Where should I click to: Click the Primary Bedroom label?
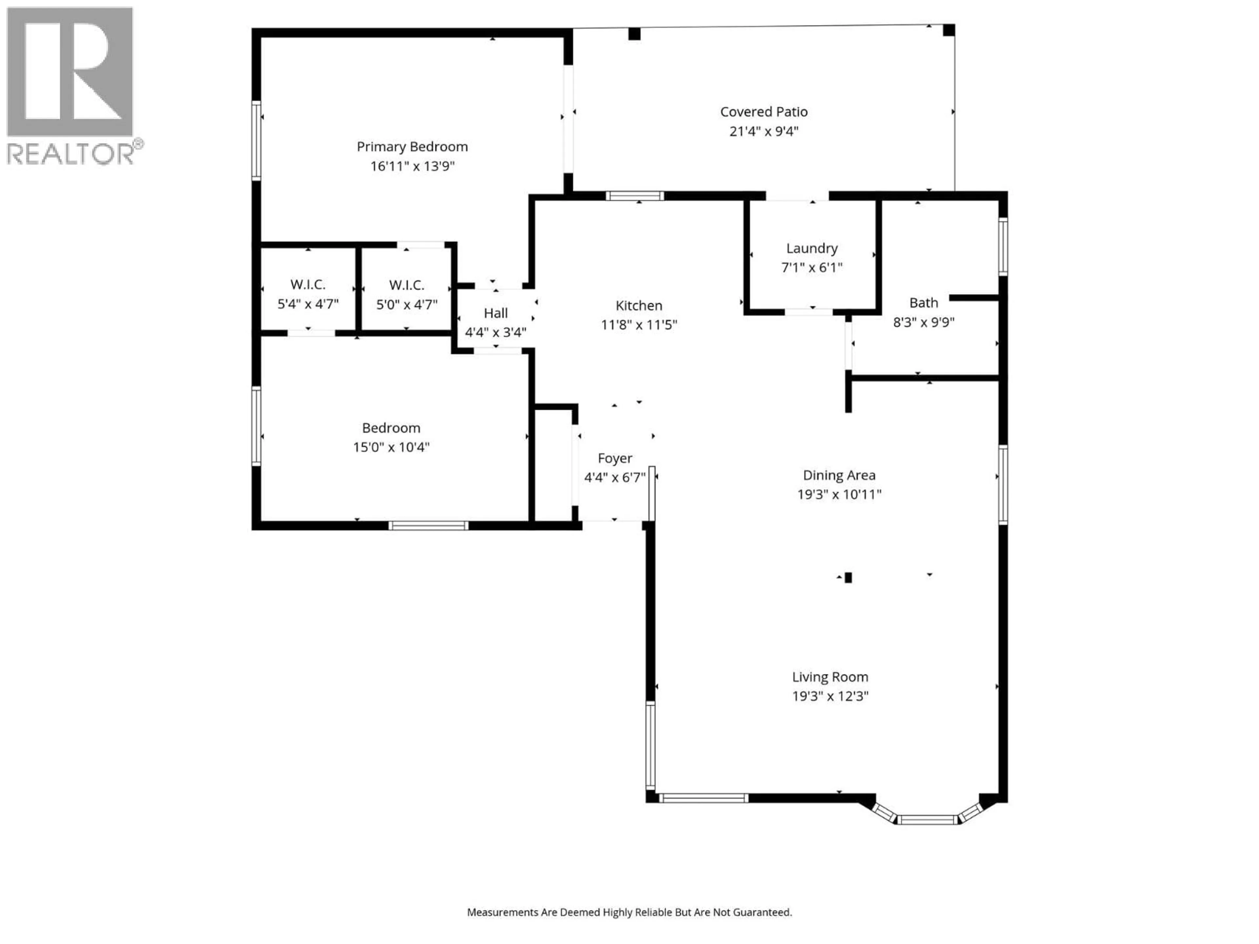412,147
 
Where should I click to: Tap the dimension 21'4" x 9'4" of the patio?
764,131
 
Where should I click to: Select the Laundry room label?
812,248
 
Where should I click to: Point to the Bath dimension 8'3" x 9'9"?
923,322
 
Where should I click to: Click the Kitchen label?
639,305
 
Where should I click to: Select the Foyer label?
615,458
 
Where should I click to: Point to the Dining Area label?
839,475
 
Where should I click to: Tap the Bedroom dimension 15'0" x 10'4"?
391,447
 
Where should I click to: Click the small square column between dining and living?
848,578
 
